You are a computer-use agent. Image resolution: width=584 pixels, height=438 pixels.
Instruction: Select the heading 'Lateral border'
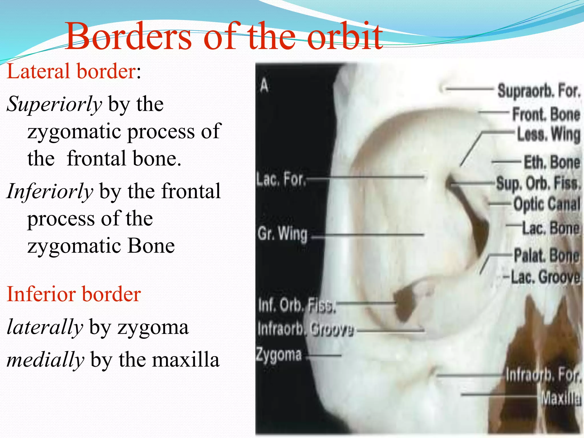71,71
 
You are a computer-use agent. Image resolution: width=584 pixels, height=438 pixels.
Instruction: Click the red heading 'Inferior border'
74,294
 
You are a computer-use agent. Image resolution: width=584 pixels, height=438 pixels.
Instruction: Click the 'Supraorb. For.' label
539,91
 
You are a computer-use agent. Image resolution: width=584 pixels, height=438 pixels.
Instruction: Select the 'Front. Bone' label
546,114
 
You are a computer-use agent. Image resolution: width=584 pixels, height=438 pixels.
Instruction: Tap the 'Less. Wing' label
549,134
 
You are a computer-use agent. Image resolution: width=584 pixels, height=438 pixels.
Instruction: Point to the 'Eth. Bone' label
552,162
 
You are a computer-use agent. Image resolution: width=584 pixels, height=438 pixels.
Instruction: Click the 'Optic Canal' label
547,204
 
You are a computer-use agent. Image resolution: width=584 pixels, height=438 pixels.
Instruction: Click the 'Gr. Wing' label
282,234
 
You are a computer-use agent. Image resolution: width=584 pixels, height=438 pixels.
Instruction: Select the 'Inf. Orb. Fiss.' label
297,306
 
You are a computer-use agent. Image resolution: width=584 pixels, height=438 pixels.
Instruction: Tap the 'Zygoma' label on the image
279,355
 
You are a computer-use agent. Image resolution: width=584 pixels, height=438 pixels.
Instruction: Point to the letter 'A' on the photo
264,86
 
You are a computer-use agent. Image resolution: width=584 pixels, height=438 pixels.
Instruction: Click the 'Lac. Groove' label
545,277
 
